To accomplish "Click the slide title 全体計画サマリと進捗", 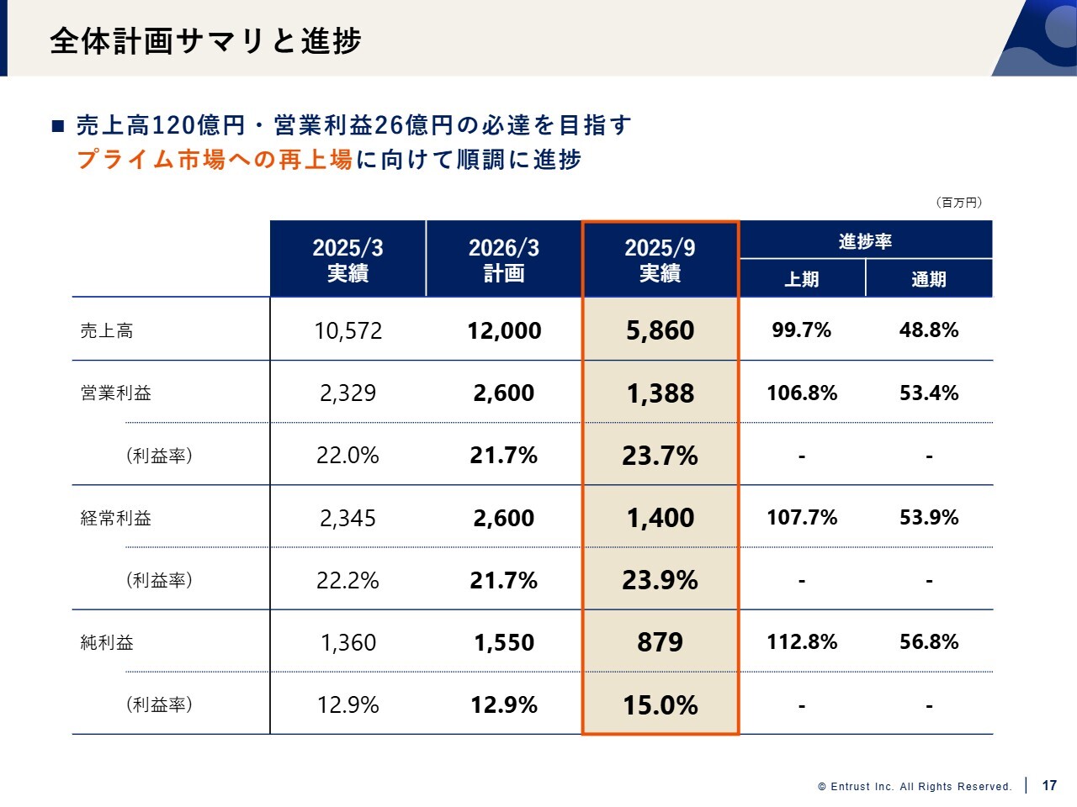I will (205, 40).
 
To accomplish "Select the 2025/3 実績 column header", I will (348, 260).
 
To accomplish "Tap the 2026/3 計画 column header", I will (504, 260).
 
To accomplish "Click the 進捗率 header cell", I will (865, 241).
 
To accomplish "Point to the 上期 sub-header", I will (802, 279).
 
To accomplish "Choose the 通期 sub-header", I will (929, 279).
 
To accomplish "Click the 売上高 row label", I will (107, 331).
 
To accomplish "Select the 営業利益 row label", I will (116, 393).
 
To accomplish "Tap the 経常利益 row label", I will (116, 519).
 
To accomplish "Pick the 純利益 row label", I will (107, 643).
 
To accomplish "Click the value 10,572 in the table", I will (348, 331).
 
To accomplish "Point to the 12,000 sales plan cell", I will (504, 331).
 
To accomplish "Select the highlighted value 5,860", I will (661, 331).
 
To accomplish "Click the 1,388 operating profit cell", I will (661, 393).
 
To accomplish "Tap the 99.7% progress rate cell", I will (802, 330).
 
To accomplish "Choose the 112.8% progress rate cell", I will (802, 642).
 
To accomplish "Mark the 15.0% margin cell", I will (661, 705).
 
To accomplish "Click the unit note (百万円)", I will (958, 203).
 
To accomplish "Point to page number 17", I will (1049, 785).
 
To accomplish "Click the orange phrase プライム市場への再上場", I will (215, 160).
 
